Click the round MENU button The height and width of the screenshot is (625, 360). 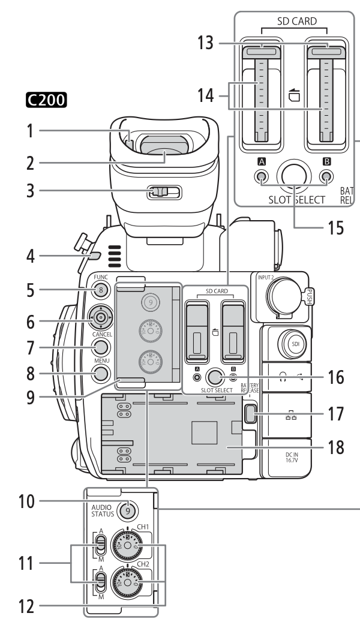tap(101, 373)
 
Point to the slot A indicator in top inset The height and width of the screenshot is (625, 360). tap(261, 176)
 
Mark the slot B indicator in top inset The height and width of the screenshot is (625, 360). tap(326, 176)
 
